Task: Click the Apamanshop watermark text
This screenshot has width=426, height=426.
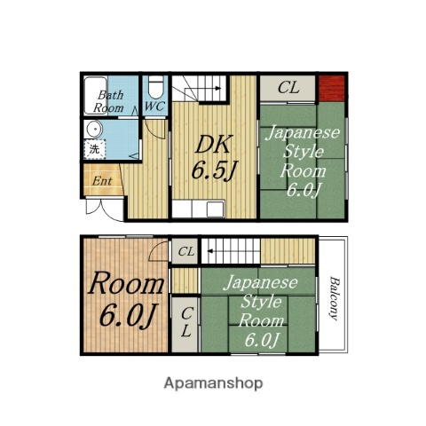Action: pyautogui.click(x=213, y=383)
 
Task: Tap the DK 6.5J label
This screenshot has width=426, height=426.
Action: pyautogui.click(x=214, y=157)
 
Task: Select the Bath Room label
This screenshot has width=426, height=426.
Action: pyautogui.click(x=108, y=101)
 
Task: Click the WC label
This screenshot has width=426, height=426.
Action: pyautogui.click(x=154, y=106)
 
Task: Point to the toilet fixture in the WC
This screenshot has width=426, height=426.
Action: pyautogui.click(x=155, y=86)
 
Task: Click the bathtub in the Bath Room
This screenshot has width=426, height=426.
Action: pyautogui.click(x=96, y=96)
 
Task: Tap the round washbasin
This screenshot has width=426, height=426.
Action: pyautogui.click(x=94, y=130)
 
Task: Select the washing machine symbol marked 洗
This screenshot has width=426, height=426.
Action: pyautogui.click(x=94, y=149)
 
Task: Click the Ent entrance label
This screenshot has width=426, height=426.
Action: pyautogui.click(x=102, y=181)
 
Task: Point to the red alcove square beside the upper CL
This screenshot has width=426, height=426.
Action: pyautogui.click(x=332, y=88)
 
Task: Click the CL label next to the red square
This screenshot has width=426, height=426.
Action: pyautogui.click(x=288, y=88)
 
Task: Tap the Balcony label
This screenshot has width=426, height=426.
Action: pyautogui.click(x=334, y=298)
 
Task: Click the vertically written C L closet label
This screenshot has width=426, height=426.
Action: pyautogui.click(x=186, y=322)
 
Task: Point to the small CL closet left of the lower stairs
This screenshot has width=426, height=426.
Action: pyautogui.click(x=185, y=251)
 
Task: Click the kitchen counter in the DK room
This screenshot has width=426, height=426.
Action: pyautogui.click(x=198, y=209)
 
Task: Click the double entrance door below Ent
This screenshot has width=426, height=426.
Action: pyautogui.click(x=105, y=209)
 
